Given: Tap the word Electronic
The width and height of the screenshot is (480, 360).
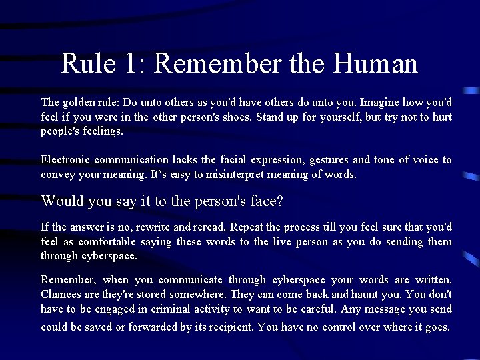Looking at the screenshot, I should point(65,160).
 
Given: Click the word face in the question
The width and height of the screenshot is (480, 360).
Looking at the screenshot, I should point(267,201).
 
